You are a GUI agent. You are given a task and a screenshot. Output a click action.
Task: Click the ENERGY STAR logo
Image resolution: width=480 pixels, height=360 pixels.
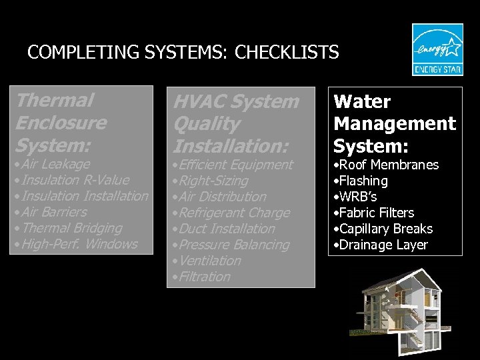437,50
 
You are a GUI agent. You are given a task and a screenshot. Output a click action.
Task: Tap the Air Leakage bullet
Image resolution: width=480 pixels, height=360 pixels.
53,164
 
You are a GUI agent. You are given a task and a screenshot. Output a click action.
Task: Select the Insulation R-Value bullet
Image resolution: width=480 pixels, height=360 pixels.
73,180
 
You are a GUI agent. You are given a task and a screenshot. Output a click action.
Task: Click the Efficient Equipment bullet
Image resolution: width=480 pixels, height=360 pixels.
233,165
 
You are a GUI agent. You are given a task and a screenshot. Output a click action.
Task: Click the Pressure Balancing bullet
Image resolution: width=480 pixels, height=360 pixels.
231,245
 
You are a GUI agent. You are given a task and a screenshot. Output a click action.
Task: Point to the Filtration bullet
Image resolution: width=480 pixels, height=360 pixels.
201,277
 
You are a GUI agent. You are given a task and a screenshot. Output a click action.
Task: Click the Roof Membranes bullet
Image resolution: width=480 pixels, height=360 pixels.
386,165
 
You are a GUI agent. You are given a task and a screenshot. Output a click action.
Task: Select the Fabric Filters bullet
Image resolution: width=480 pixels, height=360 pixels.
374,213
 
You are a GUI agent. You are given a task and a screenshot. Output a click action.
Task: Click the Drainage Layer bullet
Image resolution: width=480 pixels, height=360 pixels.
381,245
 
